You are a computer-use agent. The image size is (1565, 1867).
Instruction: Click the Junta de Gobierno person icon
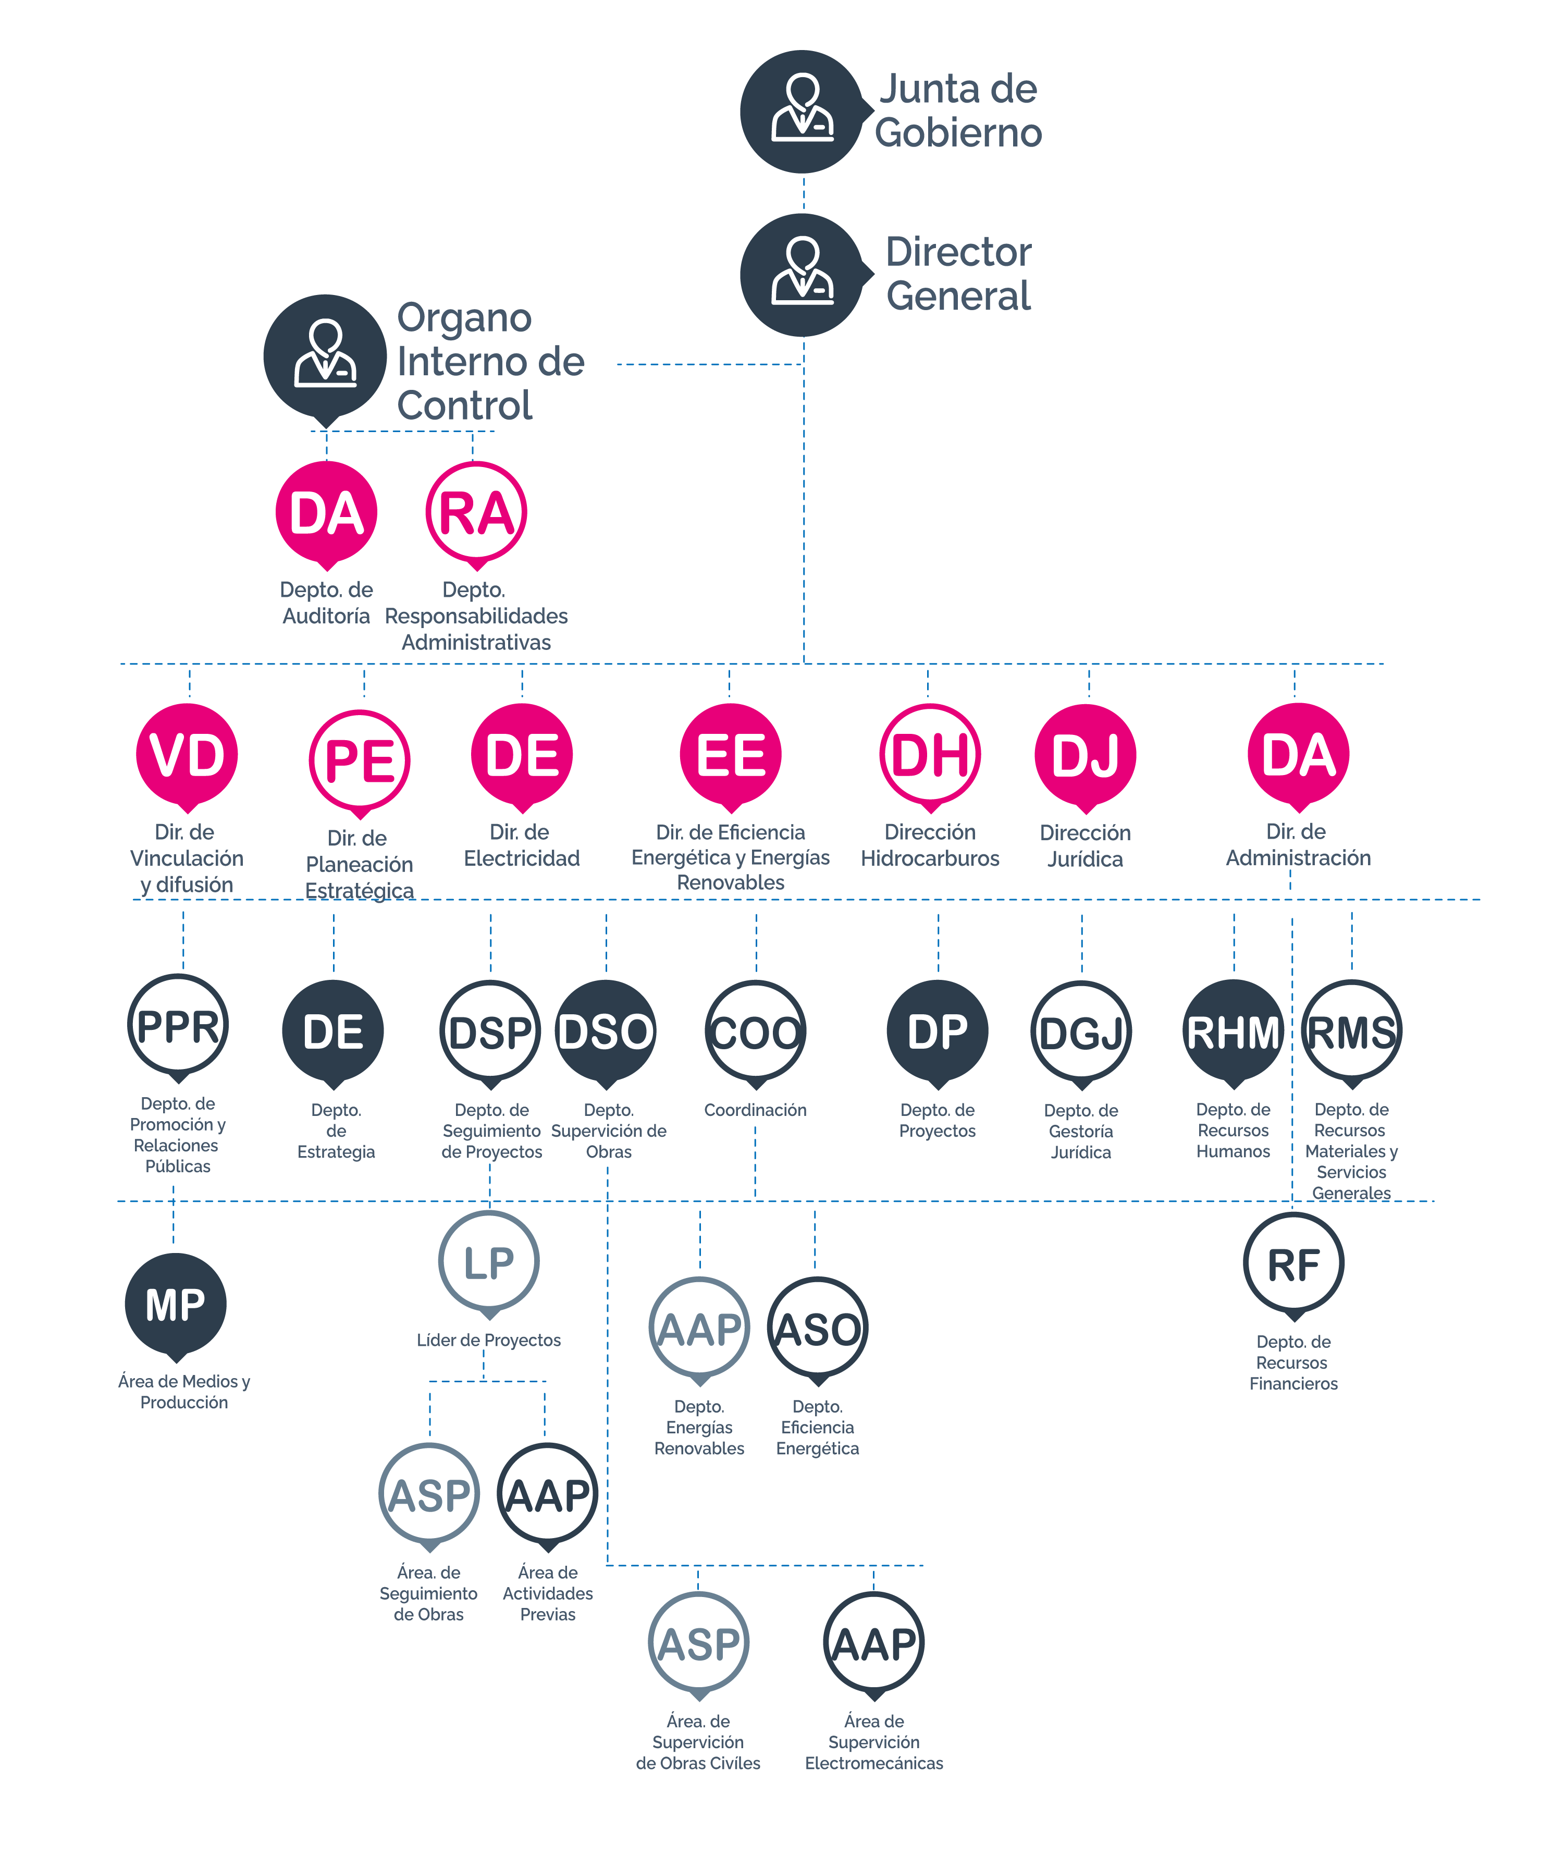803,110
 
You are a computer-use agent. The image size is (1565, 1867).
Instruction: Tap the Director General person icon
803,274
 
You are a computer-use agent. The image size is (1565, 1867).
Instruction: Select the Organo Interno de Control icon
325,355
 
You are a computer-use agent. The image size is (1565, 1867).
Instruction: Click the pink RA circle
476,513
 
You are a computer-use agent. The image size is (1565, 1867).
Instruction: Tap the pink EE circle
731,755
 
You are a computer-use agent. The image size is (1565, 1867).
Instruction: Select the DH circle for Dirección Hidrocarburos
930,755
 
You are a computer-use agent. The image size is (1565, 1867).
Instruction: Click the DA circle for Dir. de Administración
1298,755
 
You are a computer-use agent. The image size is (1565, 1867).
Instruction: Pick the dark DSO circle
606,1031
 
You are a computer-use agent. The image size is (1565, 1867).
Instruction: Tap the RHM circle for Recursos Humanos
1234,1031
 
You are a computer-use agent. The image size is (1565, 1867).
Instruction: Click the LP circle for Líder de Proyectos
489,1261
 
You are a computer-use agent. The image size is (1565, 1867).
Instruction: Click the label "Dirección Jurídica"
1085,845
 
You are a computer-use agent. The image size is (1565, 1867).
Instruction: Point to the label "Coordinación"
755,1110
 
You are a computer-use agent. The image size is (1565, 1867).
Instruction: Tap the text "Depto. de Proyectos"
938,1120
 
